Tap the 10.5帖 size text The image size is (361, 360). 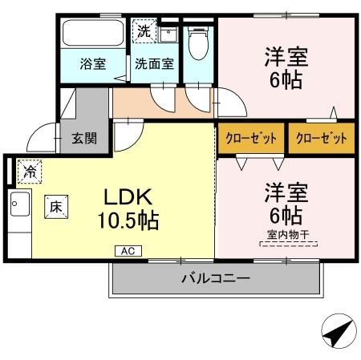click(x=128, y=220)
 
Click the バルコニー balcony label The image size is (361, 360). click(x=214, y=279)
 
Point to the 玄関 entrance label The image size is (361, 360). click(x=83, y=138)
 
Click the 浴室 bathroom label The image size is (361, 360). click(x=93, y=64)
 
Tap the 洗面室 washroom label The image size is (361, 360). click(x=154, y=64)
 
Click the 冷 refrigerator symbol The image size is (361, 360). click(x=30, y=170)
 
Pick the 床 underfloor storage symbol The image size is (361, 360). click(x=56, y=205)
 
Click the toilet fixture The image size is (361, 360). click(x=197, y=44)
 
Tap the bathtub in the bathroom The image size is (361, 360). click(x=92, y=34)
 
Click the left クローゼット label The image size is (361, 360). click(x=251, y=138)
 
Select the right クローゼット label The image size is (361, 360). click(x=321, y=138)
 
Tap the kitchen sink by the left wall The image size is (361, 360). click(x=18, y=206)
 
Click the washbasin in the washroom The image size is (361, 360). click(x=168, y=34)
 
